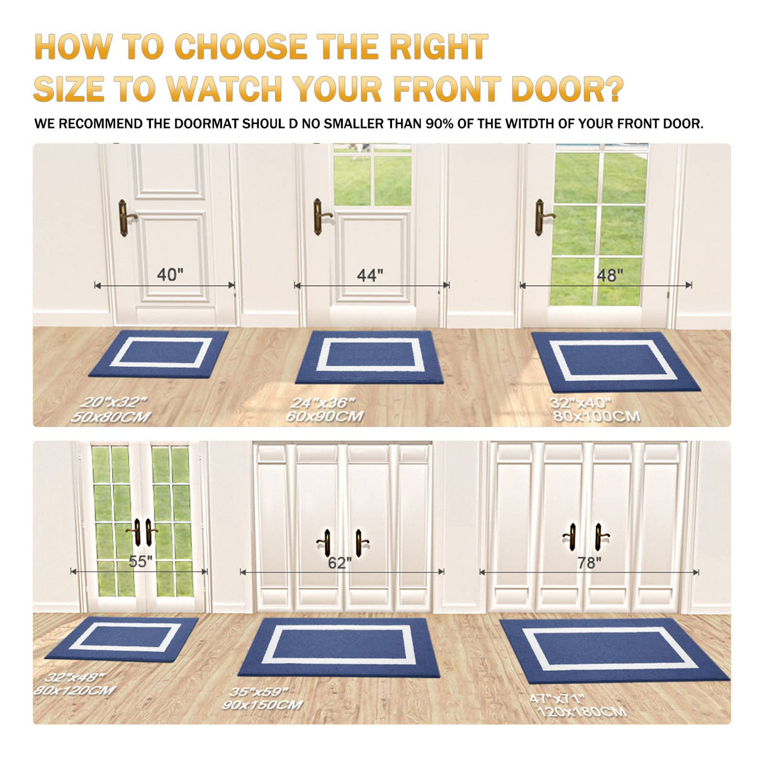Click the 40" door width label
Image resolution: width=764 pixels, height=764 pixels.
click(170, 274)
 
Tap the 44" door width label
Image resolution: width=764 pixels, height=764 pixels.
click(370, 275)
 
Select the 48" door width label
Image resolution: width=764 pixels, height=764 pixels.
click(610, 275)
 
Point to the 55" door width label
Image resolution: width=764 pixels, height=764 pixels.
click(141, 561)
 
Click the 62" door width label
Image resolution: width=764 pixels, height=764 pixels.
click(340, 563)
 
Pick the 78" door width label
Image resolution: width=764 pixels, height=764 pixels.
click(589, 562)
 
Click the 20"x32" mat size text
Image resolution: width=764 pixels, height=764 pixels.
click(114, 402)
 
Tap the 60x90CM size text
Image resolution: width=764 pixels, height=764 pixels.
click(324, 417)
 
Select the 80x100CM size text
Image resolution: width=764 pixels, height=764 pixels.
click(597, 417)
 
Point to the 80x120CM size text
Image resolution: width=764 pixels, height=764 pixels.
click(74, 690)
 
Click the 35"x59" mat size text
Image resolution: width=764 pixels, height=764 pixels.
click(259, 692)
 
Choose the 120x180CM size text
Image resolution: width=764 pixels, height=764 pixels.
click(581, 712)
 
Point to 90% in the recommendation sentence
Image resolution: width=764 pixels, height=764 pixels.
click(440, 124)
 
